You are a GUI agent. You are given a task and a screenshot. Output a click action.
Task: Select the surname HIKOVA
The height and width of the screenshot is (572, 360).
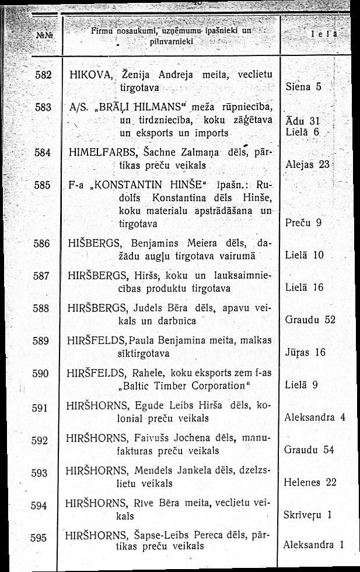coord(87,75)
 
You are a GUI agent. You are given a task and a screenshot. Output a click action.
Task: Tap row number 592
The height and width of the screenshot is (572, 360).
coord(39,440)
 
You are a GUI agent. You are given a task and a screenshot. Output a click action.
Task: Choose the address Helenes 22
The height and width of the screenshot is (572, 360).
coord(310,482)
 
